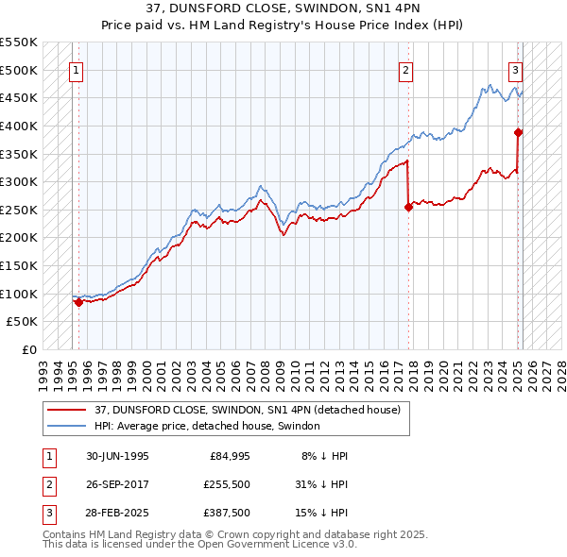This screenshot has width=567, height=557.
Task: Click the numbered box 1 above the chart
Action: [x=76, y=69]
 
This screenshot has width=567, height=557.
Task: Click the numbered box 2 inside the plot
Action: [x=405, y=69]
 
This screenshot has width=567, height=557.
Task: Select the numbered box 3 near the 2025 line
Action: [x=516, y=69]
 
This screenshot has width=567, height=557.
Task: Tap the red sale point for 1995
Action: [x=78, y=302]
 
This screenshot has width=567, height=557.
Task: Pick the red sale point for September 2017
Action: [x=408, y=207]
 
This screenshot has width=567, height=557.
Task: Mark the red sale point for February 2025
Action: [x=519, y=132]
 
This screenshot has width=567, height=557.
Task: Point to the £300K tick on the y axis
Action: [x=19, y=181]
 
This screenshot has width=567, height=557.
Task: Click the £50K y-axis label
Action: [x=23, y=322]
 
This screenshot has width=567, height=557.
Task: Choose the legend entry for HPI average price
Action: [x=207, y=426]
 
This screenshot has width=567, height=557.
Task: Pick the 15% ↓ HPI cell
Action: [x=321, y=513]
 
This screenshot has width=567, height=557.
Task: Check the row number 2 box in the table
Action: [x=48, y=484]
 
